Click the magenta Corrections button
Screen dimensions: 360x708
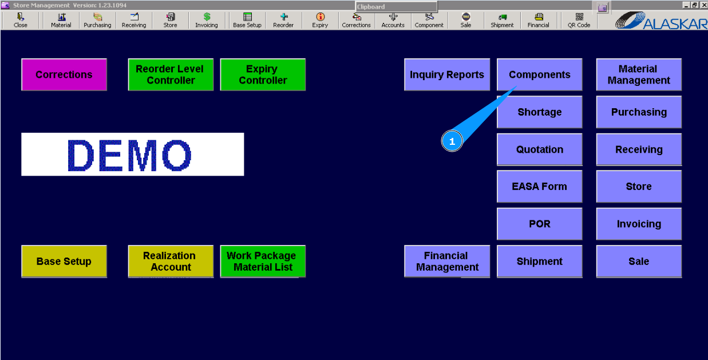(64, 74)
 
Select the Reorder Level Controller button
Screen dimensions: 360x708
(171, 74)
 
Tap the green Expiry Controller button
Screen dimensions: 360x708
(263, 74)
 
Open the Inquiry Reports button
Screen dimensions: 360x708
(447, 74)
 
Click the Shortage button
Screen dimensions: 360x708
(539, 112)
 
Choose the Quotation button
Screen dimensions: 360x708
(539, 149)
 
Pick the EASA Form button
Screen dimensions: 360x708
(539, 187)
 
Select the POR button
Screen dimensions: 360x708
(539, 224)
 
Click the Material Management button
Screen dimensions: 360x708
(639, 74)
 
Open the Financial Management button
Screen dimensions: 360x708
(447, 262)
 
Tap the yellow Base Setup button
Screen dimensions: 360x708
(64, 262)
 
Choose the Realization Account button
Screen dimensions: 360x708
(171, 262)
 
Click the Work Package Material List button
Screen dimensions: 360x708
(263, 262)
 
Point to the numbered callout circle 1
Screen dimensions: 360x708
(452, 141)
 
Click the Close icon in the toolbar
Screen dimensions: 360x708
(21, 20)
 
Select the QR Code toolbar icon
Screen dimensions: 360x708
(579, 20)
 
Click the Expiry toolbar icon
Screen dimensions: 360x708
(320, 20)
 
